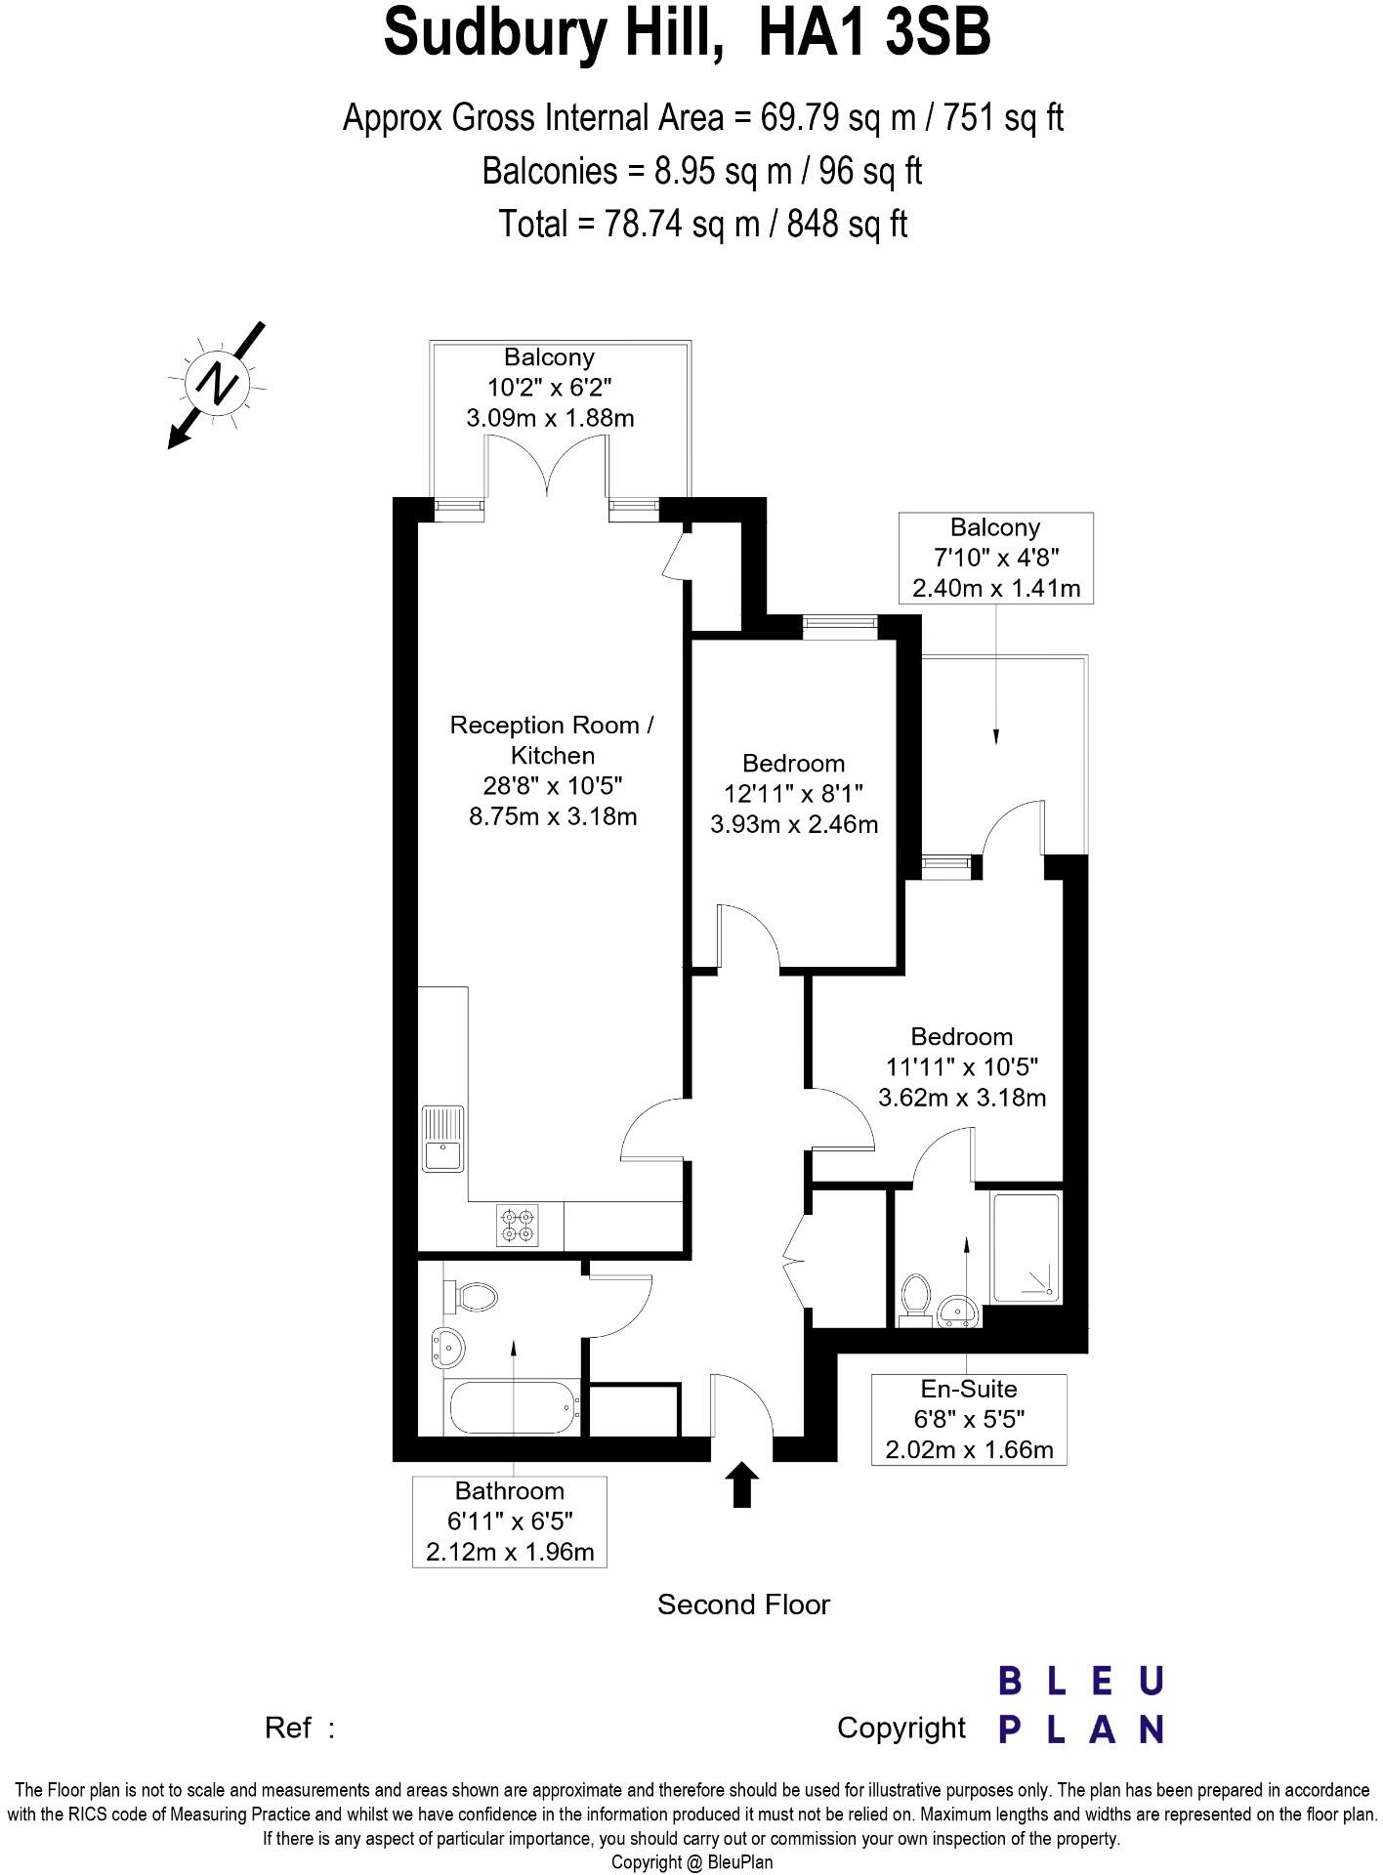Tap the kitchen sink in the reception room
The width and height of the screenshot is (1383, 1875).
(442, 1139)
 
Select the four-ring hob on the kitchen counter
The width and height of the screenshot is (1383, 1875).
(517, 1227)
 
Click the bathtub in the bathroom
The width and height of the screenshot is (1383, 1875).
(512, 1407)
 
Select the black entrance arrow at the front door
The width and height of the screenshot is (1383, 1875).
(743, 1484)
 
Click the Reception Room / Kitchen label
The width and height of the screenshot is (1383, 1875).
(552, 739)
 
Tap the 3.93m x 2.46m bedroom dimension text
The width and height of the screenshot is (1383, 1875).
(793, 824)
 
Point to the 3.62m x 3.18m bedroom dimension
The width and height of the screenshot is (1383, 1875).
(962, 1098)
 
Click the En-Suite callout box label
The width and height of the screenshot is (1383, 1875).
(968, 1389)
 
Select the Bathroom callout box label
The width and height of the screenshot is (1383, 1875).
(509, 1491)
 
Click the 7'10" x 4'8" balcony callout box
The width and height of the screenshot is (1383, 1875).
(994, 558)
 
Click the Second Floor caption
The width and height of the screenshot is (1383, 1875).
(742, 1604)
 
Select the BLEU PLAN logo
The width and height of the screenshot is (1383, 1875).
(1081, 1705)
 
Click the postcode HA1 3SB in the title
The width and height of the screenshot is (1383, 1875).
(874, 31)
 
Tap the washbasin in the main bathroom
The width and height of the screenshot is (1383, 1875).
(448, 1350)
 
